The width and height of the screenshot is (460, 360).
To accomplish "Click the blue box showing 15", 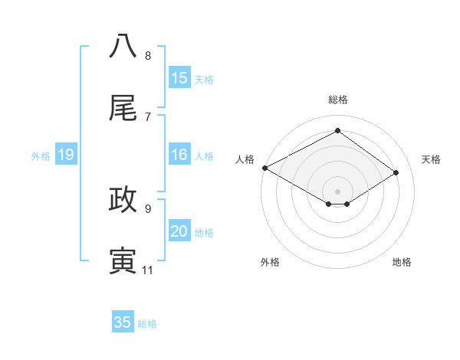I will tap(179, 78).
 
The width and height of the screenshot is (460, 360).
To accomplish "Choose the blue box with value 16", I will tap(179, 155).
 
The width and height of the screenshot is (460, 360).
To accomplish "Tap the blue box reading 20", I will tap(179, 231).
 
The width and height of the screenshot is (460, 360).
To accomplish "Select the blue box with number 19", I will tap(66, 155).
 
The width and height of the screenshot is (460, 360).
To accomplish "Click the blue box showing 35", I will tap(123, 322).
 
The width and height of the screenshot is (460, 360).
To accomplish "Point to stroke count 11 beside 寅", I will tap(148, 270).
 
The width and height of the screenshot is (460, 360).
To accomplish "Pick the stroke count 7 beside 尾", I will tap(148, 116).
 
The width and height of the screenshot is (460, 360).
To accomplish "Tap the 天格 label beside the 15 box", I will tap(204, 80).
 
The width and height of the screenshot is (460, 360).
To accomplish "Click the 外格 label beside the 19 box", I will tap(41, 156).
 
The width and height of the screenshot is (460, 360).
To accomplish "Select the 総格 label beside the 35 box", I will tap(147, 324).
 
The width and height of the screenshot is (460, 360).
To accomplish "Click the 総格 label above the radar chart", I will tap(337, 100).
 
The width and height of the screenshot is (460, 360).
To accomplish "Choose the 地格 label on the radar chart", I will tap(402, 262).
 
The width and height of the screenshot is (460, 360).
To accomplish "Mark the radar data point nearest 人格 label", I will tap(264, 168).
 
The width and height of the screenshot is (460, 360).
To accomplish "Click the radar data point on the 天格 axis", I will tap(396, 172).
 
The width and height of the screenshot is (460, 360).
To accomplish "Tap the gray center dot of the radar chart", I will tap(337, 191).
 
